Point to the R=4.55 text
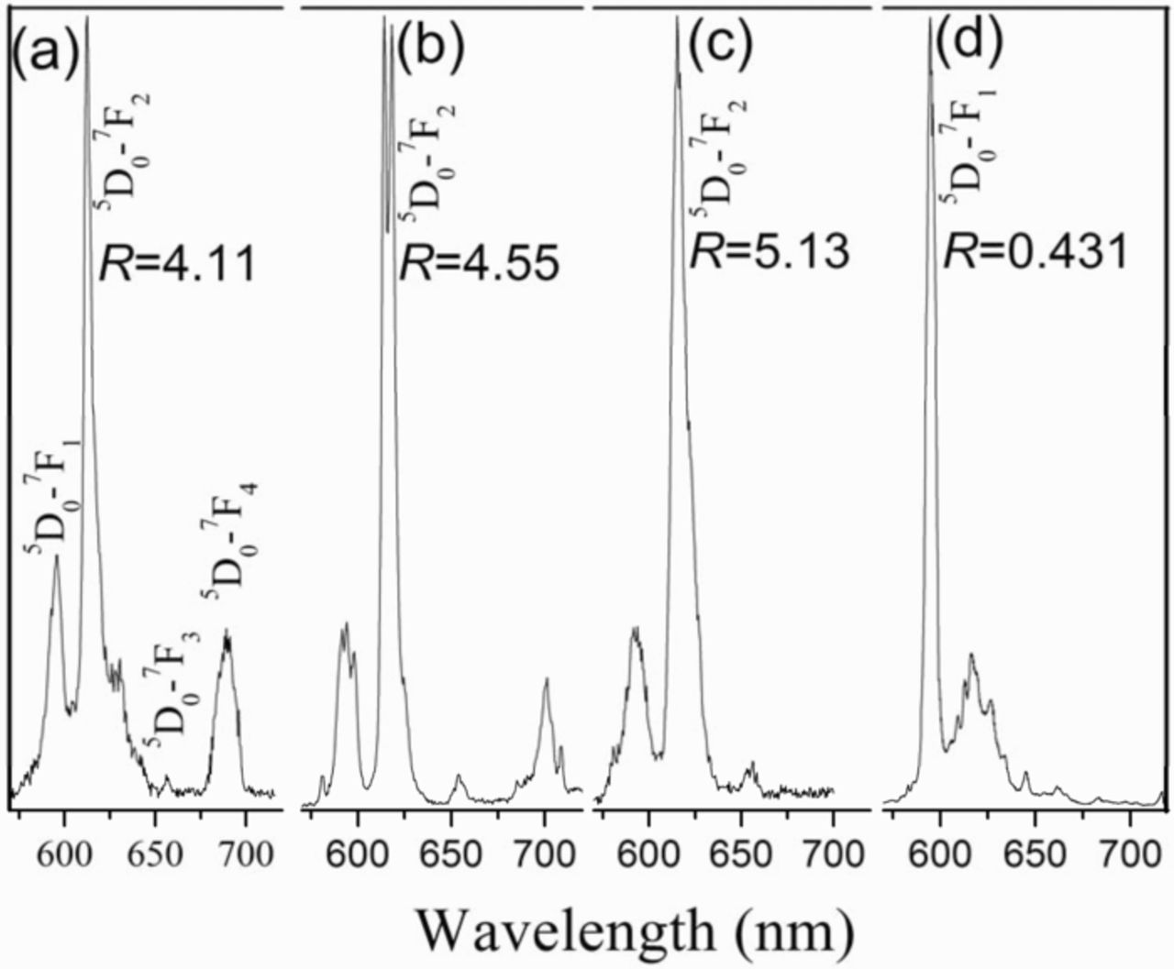coord(477,265)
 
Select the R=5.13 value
coord(770,251)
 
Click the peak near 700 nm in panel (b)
coord(546,680)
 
